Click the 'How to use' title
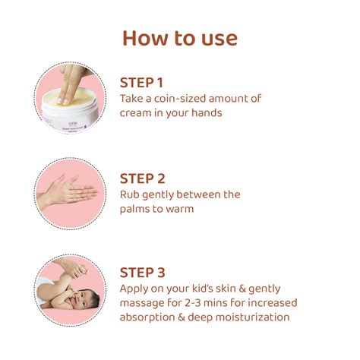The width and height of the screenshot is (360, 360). pyautogui.click(x=180, y=37)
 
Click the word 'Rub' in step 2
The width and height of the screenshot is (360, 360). pyautogui.click(x=130, y=194)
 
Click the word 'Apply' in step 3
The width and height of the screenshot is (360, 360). pyautogui.click(x=136, y=289)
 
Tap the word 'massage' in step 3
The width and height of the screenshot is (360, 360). pyautogui.click(x=144, y=303)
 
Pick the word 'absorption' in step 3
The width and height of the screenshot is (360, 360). pyautogui.click(x=150, y=317)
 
